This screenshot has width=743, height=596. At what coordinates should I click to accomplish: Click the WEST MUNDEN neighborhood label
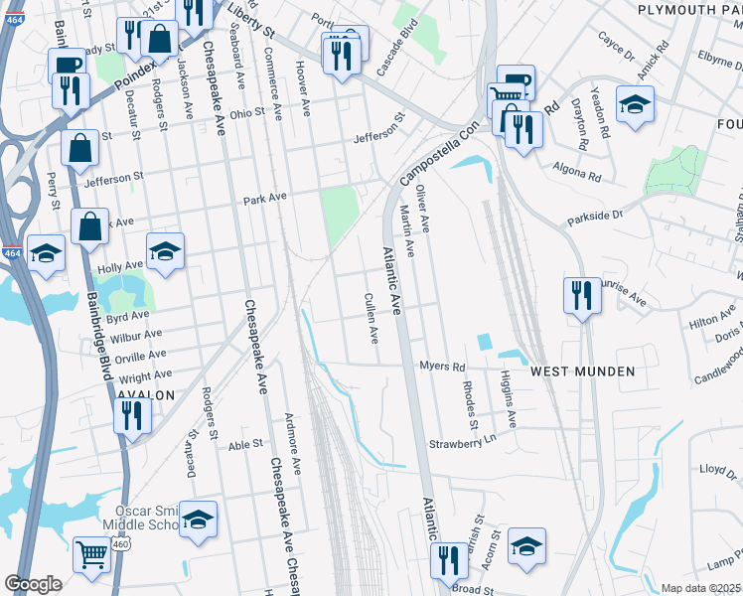point(581,372)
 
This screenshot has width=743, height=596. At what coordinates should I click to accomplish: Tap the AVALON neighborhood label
point(146,394)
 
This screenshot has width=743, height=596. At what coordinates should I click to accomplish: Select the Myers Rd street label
point(441,367)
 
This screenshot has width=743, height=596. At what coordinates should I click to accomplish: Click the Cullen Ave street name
point(371,318)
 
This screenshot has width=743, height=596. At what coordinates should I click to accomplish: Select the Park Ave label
point(265,198)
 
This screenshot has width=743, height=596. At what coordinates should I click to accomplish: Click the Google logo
point(33,584)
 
